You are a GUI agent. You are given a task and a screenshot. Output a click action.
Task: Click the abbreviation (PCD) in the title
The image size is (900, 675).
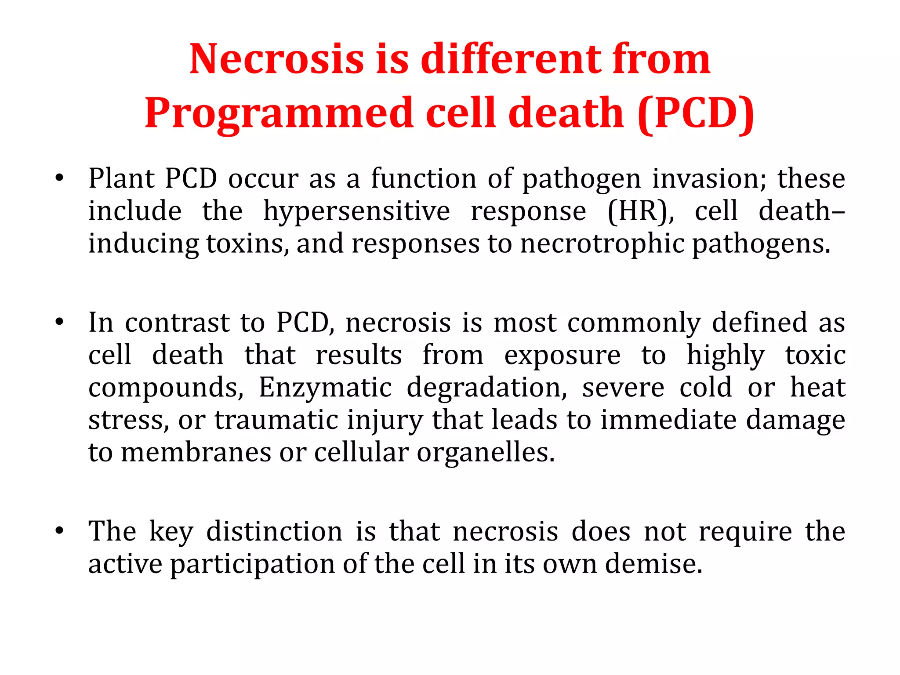click(695, 113)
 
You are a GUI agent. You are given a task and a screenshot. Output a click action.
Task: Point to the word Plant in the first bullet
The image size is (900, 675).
click(121, 179)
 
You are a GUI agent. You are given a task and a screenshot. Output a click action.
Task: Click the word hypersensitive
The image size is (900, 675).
click(356, 211)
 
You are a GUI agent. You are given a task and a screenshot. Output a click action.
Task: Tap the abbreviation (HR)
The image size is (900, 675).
click(640, 211)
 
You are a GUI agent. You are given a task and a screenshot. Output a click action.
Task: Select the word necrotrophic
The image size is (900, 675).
click(602, 244)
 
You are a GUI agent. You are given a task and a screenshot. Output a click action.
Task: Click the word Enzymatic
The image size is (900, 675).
click(325, 388)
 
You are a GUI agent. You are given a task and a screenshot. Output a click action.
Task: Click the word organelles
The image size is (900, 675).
click(486, 453)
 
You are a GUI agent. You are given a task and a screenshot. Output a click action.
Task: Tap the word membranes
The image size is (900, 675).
click(196, 453)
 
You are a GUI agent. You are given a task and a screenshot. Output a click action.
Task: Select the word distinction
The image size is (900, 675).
click(274, 531)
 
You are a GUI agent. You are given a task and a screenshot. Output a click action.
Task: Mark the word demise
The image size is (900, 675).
click(654, 564)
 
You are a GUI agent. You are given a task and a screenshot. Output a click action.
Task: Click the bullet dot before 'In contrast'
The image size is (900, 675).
click(59, 323)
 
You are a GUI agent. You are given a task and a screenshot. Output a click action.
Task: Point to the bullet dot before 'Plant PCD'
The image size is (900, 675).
click(59, 179)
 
